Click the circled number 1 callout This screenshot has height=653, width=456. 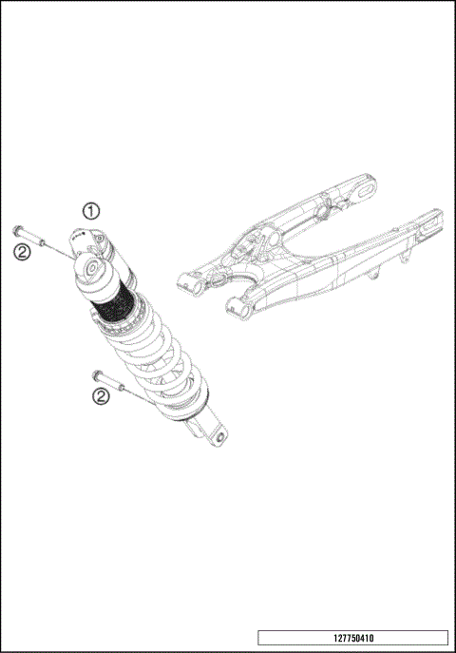coord(90,211)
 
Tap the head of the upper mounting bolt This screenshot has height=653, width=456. coord(19,230)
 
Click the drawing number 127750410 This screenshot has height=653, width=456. coord(351,639)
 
